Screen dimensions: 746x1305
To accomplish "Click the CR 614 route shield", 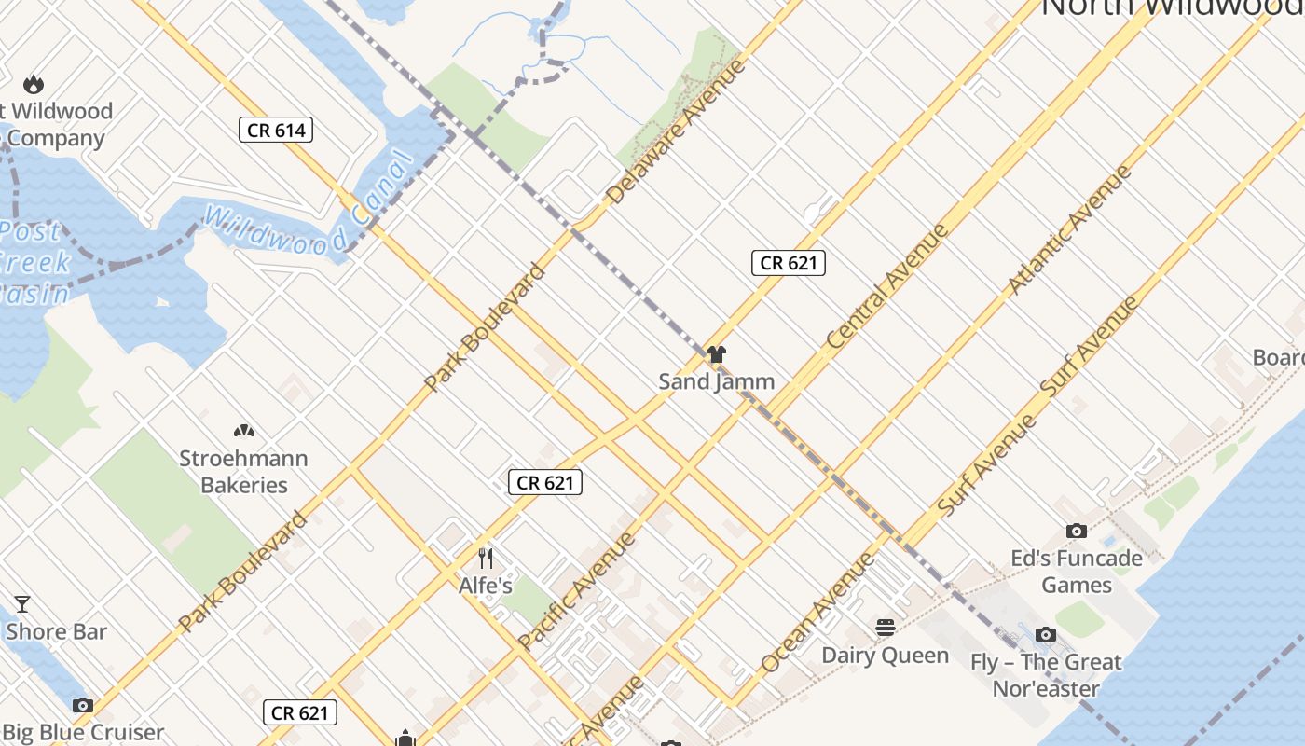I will pos(276,131).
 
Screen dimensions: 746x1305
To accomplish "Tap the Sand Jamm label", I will pos(716,381).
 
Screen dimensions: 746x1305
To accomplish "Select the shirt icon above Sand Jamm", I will pos(716,354).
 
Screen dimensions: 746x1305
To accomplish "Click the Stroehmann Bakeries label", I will pos(243,472).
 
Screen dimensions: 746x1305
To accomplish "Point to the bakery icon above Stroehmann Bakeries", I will pos(243,432).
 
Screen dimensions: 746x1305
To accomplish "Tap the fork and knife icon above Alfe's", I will pos(485,559).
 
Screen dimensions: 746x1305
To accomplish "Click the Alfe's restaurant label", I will pos(485,586).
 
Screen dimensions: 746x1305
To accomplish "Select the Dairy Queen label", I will pos(885,656).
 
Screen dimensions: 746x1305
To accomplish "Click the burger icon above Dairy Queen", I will pos(885,628).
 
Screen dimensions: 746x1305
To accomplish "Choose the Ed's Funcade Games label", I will pos(1077,572).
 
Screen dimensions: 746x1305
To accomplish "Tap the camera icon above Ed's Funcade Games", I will pos(1077,531).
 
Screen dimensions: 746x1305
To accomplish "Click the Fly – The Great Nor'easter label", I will pos(1046,675).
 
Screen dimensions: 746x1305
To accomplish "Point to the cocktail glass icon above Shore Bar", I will pos(21,604).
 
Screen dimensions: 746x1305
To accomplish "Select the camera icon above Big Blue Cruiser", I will pos(83,705).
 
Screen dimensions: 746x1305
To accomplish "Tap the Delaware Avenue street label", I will pos(677,131).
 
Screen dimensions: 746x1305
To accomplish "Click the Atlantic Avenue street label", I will pos(1070,230).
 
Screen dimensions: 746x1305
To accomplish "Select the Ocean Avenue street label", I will pos(817,613).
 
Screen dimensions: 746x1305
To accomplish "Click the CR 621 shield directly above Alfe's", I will pos(545,482).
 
